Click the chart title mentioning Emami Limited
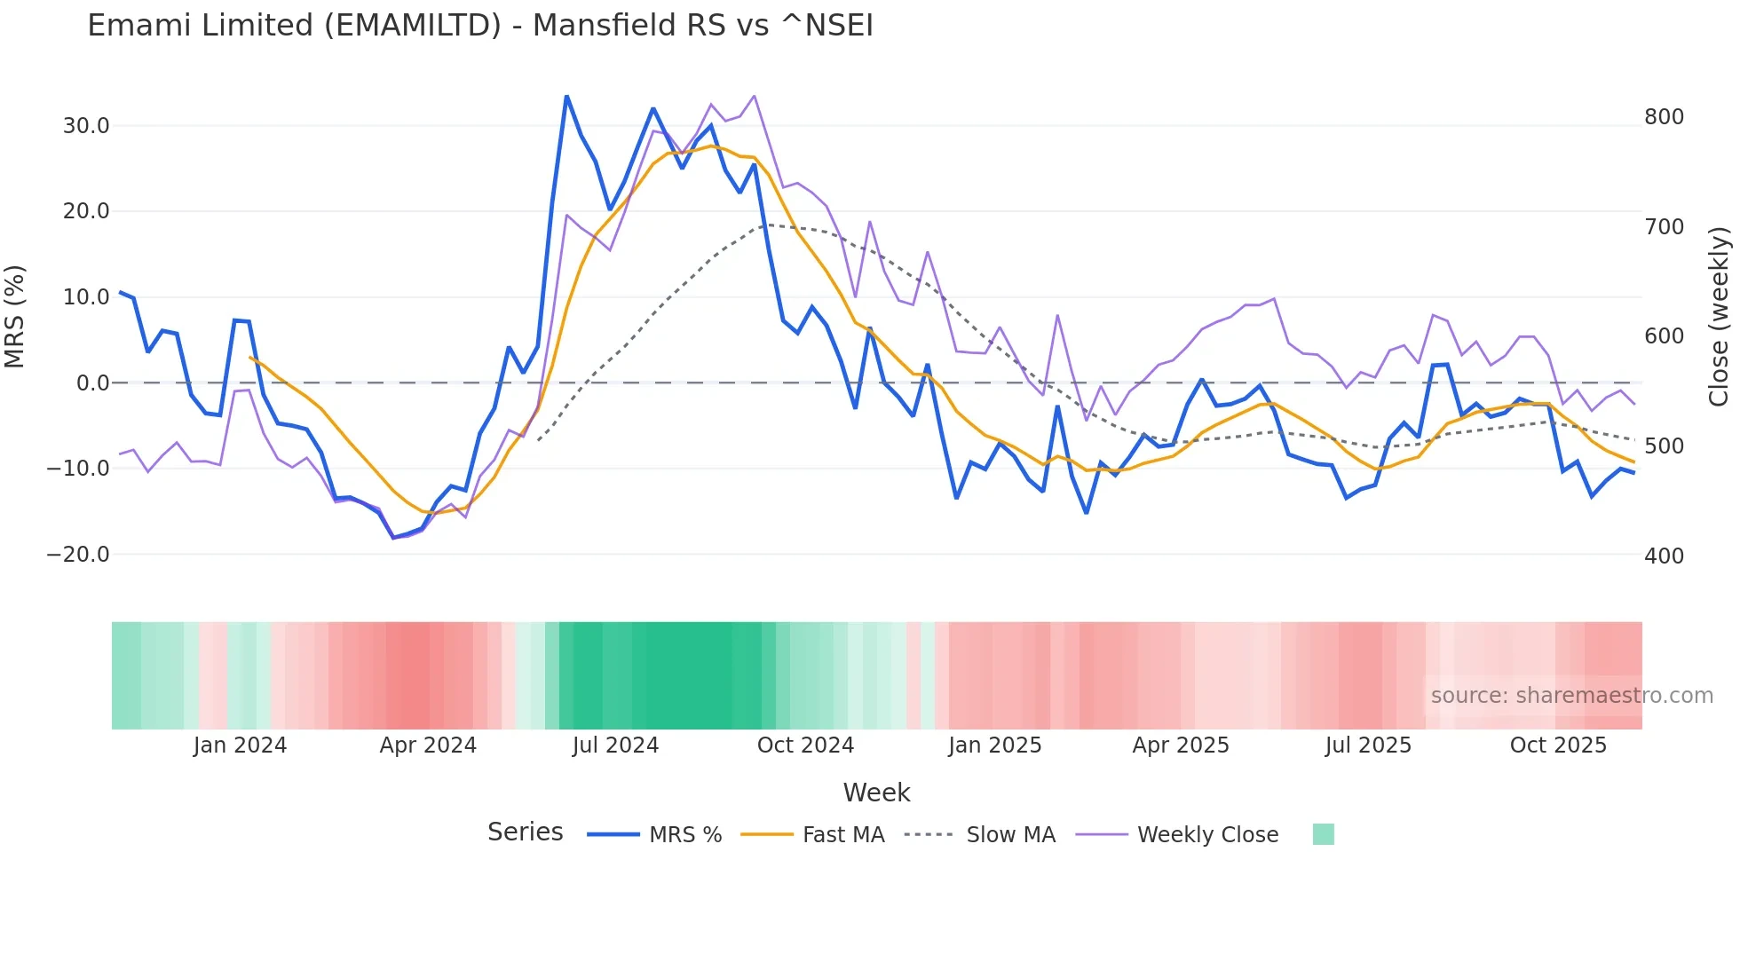click(480, 26)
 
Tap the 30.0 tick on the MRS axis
click(86, 126)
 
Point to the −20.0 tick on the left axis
click(78, 555)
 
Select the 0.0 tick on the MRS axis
click(93, 383)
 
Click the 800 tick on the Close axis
click(1664, 117)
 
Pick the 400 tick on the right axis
click(1664, 556)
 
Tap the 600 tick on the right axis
click(1664, 336)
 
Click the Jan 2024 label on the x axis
click(240, 745)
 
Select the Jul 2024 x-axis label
click(615, 745)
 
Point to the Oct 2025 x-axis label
click(1558, 745)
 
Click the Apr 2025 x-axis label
click(1180, 745)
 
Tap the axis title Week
click(876, 793)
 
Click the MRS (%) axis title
click(15, 317)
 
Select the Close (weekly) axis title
click(1719, 317)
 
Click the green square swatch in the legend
click(1323, 834)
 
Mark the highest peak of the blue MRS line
click(566, 96)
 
